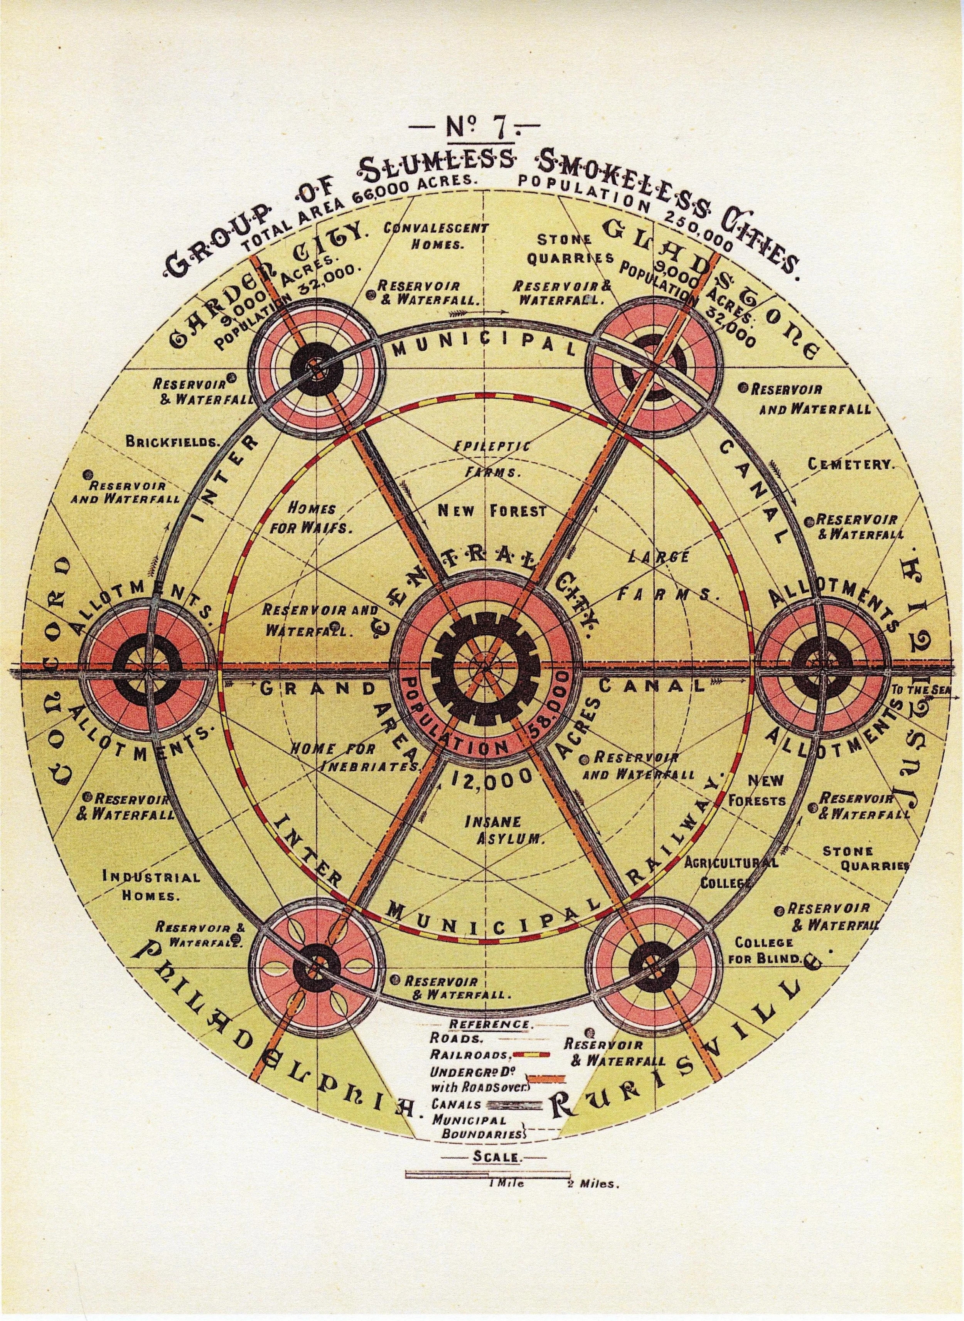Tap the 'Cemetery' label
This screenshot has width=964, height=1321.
point(851,465)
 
